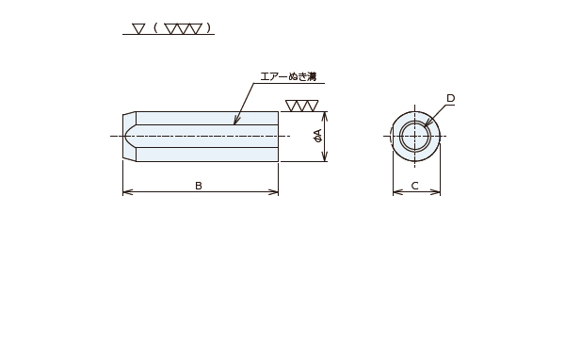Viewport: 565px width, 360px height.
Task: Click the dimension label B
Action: pyautogui.click(x=199, y=186)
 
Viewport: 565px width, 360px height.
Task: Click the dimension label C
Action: pyautogui.click(x=414, y=186)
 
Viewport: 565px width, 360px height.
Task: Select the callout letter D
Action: pyautogui.click(x=450, y=98)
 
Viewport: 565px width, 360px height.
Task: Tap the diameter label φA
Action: pyautogui.click(x=318, y=136)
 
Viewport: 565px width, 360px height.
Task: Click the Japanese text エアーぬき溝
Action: pyautogui.click(x=288, y=77)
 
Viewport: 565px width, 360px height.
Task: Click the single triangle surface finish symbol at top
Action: pyautogui.click(x=138, y=29)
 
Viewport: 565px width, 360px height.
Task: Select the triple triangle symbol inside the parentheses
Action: pyautogui.click(x=183, y=29)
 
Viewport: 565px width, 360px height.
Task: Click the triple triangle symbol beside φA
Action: pyautogui.click(x=302, y=106)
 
